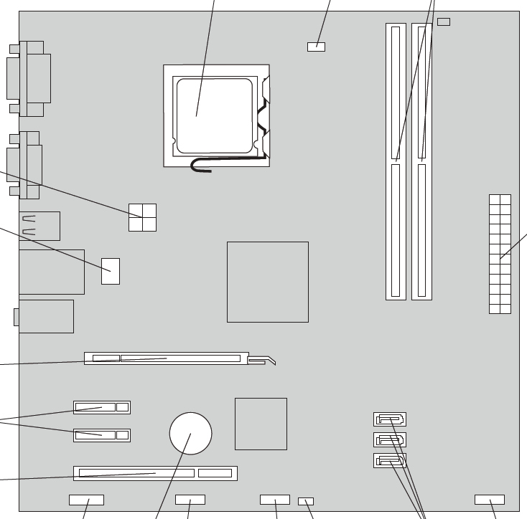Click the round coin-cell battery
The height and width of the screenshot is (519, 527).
point(191,433)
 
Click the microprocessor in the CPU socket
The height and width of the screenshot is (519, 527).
point(215,116)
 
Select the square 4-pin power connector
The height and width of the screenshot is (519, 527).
point(142,217)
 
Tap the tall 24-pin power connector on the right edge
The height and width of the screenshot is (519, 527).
point(500,254)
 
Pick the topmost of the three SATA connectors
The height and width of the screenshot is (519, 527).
point(390,419)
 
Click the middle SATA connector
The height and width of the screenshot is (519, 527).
point(390,439)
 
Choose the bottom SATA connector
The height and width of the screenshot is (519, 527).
point(390,460)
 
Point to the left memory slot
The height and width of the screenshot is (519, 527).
point(396,161)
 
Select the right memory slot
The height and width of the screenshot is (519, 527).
point(421,161)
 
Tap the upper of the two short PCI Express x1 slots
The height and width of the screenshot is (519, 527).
point(101,407)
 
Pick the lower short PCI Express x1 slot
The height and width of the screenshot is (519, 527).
point(101,434)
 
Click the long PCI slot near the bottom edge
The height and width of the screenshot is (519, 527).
point(155,473)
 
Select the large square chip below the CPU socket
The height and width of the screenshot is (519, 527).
point(267,282)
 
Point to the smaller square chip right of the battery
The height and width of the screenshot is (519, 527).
point(261,424)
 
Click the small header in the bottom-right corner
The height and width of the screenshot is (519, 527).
point(489,499)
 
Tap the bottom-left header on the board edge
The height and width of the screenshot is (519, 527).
point(86,499)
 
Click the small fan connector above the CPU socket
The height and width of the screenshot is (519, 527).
point(316,47)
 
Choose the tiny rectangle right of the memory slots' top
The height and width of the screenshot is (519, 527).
point(444,22)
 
